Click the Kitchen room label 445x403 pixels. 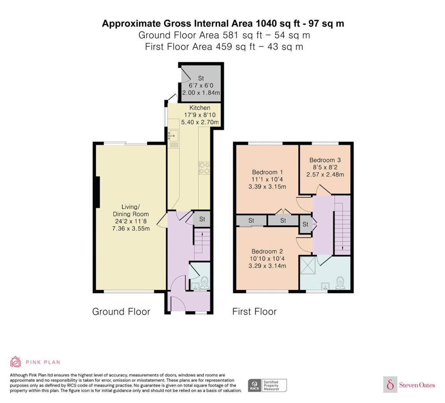pyautogui.click(x=200, y=108)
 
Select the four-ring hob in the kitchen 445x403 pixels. pyautogui.click(x=204, y=168)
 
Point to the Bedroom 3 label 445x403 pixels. pyautogui.click(x=325, y=160)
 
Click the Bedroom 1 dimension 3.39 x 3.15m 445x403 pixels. pyautogui.click(x=267, y=187)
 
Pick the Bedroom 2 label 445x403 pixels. pyautogui.click(x=267, y=251)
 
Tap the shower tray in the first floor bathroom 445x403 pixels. pyautogui.click(x=308, y=265)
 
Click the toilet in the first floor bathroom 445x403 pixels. pyautogui.click(x=340, y=283)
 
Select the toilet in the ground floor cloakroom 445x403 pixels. pyautogui.click(x=205, y=283)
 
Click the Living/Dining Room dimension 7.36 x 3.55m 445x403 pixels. pyautogui.click(x=131, y=228)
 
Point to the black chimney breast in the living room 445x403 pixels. pyautogui.click(x=98, y=192)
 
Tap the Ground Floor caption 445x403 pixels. pyautogui.click(x=121, y=312)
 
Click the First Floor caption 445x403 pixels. pyautogui.click(x=254, y=312)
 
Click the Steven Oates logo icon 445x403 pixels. pyautogui.click(x=390, y=384)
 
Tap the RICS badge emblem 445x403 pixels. pyautogui.click(x=255, y=386)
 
